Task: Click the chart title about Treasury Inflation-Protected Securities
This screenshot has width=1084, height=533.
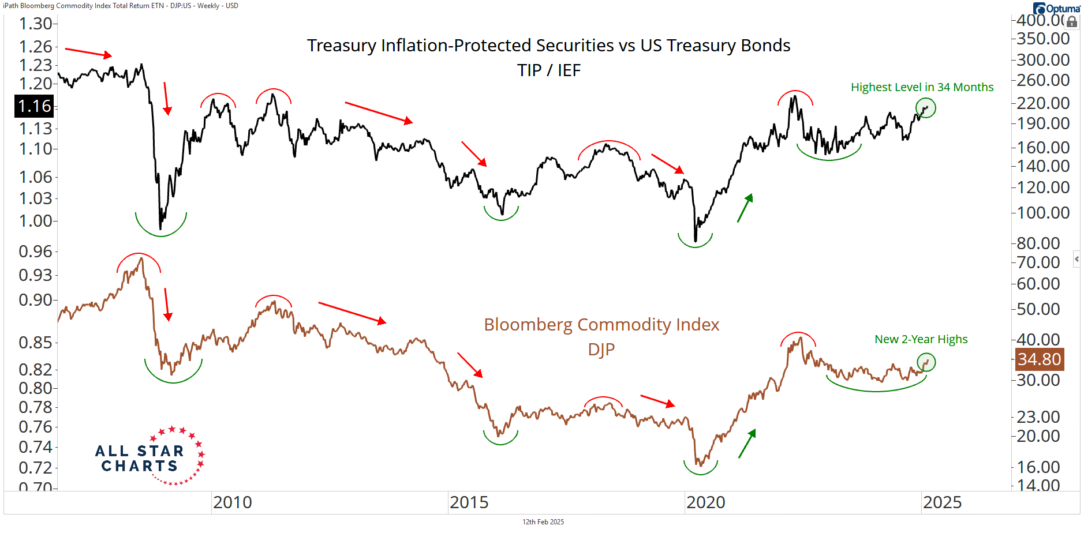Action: [x=548, y=46]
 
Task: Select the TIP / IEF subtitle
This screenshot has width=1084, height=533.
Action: [x=548, y=70]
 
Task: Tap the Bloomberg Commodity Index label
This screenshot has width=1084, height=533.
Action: [x=601, y=325]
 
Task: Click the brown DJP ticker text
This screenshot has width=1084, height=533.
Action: [x=601, y=350]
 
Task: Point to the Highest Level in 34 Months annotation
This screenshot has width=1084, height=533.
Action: [x=922, y=87]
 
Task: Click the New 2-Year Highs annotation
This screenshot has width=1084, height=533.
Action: [x=921, y=339]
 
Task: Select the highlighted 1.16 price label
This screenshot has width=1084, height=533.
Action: [x=34, y=106]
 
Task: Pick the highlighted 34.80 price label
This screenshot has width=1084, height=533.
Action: [x=1039, y=359]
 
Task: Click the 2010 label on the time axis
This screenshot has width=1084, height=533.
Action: [x=233, y=502]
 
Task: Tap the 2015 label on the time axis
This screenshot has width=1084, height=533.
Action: [x=469, y=502]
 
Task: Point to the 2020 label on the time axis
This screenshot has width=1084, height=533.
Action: [x=706, y=502]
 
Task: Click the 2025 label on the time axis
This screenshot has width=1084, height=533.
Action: [x=943, y=502]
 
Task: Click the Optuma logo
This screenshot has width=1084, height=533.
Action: [x=1056, y=9]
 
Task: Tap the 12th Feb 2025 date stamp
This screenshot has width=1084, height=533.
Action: [x=543, y=522]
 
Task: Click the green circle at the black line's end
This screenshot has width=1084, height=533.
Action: [x=926, y=108]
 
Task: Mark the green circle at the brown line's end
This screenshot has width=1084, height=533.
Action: [x=926, y=362]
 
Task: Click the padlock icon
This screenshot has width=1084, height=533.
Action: [x=1072, y=22]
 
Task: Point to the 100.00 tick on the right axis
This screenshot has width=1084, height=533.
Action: [x=1043, y=213]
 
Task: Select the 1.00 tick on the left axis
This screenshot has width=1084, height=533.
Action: [x=35, y=221]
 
